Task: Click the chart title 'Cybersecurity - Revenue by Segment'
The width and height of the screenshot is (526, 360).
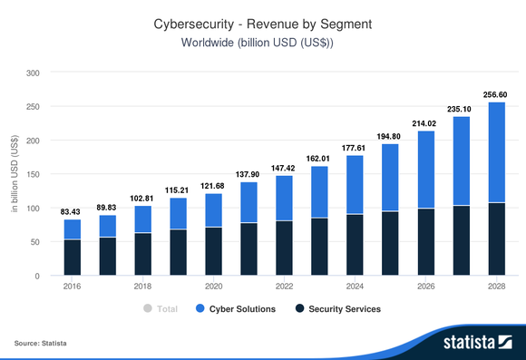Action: [x=262, y=25]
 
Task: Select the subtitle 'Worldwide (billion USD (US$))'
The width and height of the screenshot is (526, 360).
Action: [x=262, y=44]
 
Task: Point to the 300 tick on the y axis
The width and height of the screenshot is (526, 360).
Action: [x=32, y=73]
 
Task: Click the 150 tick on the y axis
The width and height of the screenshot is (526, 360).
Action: [x=32, y=175]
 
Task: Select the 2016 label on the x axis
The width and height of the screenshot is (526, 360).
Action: [x=73, y=286]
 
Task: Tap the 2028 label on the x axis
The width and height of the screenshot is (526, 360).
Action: [x=496, y=286]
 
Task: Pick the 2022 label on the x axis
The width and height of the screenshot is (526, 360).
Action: [x=284, y=286]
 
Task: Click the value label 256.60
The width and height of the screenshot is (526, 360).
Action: [x=496, y=93]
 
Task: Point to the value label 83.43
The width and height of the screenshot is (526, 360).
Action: [x=73, y=211]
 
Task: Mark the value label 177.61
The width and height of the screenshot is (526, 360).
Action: [x=355, y=147]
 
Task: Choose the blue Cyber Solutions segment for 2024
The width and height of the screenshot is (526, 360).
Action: [x=355, y=185]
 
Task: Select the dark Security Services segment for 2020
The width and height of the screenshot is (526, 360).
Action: [x=213, y=251]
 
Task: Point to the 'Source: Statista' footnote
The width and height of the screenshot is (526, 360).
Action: [x=41, y=344]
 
